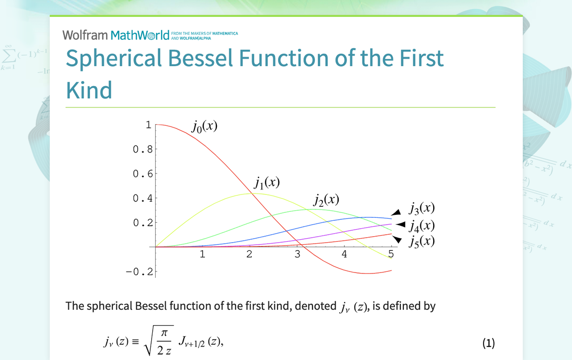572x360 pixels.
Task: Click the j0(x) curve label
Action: [204, 127]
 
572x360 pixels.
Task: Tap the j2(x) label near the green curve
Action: [326, 200]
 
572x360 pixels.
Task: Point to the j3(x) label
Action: [422, 208]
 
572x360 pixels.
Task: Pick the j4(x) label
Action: [422, 226]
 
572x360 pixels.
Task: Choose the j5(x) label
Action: [422, 242]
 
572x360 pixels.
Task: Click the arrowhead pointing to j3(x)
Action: [396, 213]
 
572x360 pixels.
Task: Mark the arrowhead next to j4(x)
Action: [401, 224]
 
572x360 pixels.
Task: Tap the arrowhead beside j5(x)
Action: [397, 239]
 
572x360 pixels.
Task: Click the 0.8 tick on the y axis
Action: [143, 149]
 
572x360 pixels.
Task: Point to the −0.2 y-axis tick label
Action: [139, 271]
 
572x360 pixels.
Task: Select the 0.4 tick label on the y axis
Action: [143, 198]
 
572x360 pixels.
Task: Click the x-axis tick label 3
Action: [297, 254]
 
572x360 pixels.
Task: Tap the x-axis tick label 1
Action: [202, 254]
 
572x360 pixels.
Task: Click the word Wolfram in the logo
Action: [85, 35]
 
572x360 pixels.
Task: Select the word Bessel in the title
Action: [200, 58]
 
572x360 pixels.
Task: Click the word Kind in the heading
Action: [89, 90]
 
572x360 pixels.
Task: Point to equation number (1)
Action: [488, 343]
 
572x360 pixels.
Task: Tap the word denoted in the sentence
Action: [315, 306]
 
